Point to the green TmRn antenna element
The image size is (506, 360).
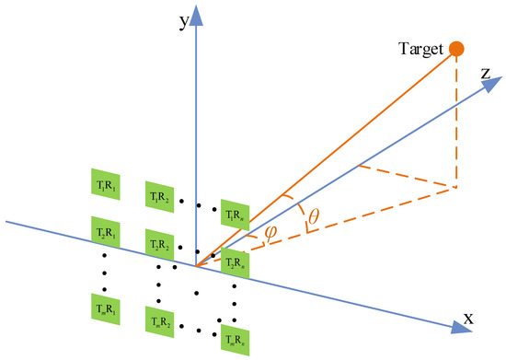click(x=235, y=338)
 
